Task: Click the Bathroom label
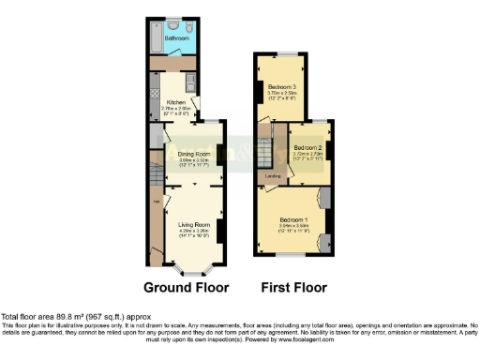coord(178,38)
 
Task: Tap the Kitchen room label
coord(176,102)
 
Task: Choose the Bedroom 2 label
coord(307,148)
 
